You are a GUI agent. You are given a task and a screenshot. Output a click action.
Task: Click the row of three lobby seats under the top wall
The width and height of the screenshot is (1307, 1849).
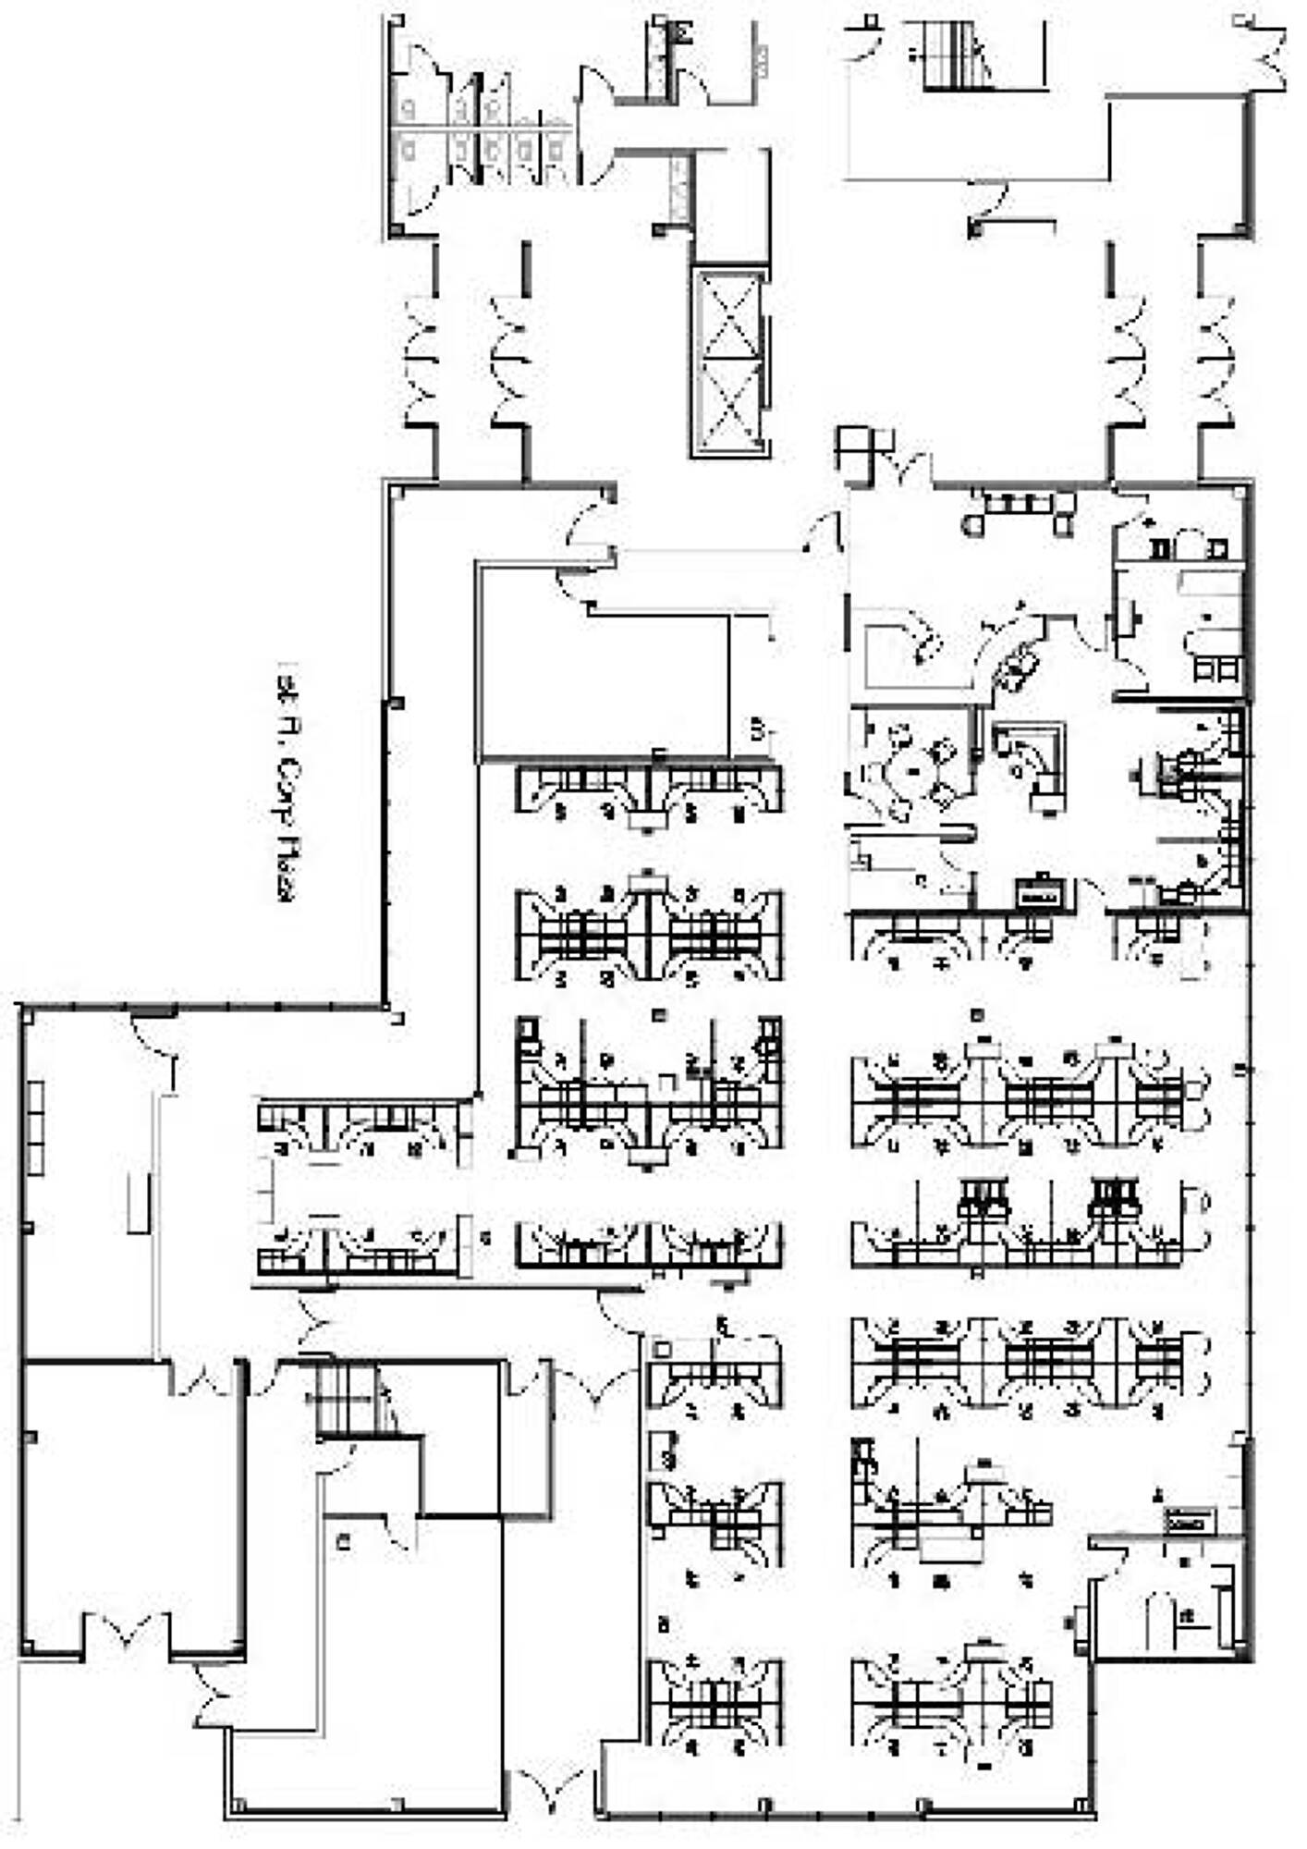[x=1017, y=504]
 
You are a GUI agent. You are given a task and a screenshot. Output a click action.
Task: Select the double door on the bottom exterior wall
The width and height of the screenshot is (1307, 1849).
[x=550, y=1789]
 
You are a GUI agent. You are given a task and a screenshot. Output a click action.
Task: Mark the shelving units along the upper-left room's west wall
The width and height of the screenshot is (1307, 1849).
[x=34, y=1128]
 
